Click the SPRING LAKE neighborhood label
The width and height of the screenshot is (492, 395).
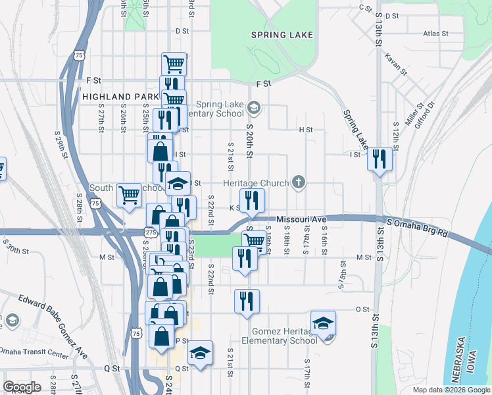coord(282,34)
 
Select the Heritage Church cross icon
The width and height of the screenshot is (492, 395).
coord(299,182)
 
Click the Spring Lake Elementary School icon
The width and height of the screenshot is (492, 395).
coord(255,107)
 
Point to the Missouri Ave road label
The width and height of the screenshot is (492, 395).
coord(301,219)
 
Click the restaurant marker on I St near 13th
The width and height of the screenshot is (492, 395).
coord(380,159)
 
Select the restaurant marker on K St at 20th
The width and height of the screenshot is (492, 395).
coord(252,200)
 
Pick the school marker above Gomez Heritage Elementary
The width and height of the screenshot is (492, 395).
coord(323,323)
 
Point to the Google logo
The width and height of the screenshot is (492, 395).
coord(22,386)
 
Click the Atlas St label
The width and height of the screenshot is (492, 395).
coord(435,33)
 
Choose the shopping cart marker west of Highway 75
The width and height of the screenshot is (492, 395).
coord(130,194)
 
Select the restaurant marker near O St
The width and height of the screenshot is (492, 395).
coord(247,301)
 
